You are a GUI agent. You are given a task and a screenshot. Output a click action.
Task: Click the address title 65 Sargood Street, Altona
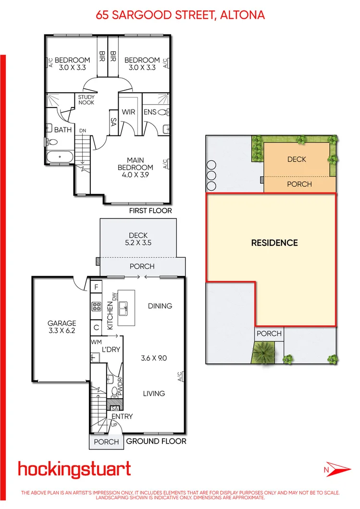180,15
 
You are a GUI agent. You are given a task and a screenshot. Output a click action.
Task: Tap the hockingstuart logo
74,469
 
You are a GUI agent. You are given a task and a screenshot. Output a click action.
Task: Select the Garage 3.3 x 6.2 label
62,327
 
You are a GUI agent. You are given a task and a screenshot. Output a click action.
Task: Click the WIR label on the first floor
129,112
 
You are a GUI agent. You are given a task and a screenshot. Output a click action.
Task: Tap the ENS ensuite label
149,112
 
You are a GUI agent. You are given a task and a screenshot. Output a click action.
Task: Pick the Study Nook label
87,100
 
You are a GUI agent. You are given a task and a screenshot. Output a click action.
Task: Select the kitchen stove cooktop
96,306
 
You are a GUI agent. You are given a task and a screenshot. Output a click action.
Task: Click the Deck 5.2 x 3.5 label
138,239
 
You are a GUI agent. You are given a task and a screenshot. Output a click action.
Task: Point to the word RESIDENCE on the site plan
274,243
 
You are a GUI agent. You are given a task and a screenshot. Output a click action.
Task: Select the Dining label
160,306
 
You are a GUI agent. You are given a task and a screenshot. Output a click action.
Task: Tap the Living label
154,393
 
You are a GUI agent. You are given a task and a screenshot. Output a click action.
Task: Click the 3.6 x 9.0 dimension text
154,358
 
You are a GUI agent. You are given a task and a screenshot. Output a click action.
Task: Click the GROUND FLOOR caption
156,441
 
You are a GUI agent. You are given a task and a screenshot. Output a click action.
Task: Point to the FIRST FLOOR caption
150,211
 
